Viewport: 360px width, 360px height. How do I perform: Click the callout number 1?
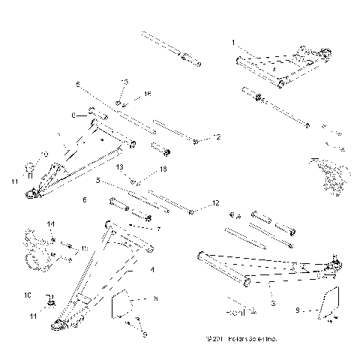(x=233, y=42)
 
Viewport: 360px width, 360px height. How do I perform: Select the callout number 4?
(x=153, y=268)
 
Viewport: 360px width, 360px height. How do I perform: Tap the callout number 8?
(x=155, y=298)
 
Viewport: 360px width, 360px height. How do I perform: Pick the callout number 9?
(x=298, y=308)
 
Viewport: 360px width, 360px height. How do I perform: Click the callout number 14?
(x=51, y=224)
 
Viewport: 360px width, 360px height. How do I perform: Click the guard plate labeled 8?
(x=122, y=304)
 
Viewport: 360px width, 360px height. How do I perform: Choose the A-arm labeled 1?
(x=281, y=68)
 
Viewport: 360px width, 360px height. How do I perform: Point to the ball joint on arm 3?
(x=335, y=262)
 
